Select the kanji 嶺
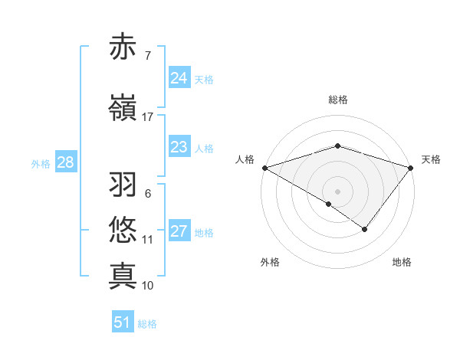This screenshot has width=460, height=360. pos(123,108)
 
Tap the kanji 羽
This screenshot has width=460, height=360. pos(123,185)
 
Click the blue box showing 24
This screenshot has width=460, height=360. pos(179,78)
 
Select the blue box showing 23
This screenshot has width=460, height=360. pos(179,147)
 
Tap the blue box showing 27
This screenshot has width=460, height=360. pos(179,231)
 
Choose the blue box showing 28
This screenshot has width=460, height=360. pos(65,162)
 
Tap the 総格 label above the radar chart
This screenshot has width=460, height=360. pos(337,100)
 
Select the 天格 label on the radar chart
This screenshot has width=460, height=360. pos(431,159)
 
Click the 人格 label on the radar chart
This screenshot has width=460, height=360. pos(245,159)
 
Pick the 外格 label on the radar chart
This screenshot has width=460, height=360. pos(269,263)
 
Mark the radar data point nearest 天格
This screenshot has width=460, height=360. pos(412,167)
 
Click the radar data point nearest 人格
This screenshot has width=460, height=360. pos(264,168)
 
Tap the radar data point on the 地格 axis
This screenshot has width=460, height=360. pos(365,229)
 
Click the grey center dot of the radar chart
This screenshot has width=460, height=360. pos(337,191)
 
